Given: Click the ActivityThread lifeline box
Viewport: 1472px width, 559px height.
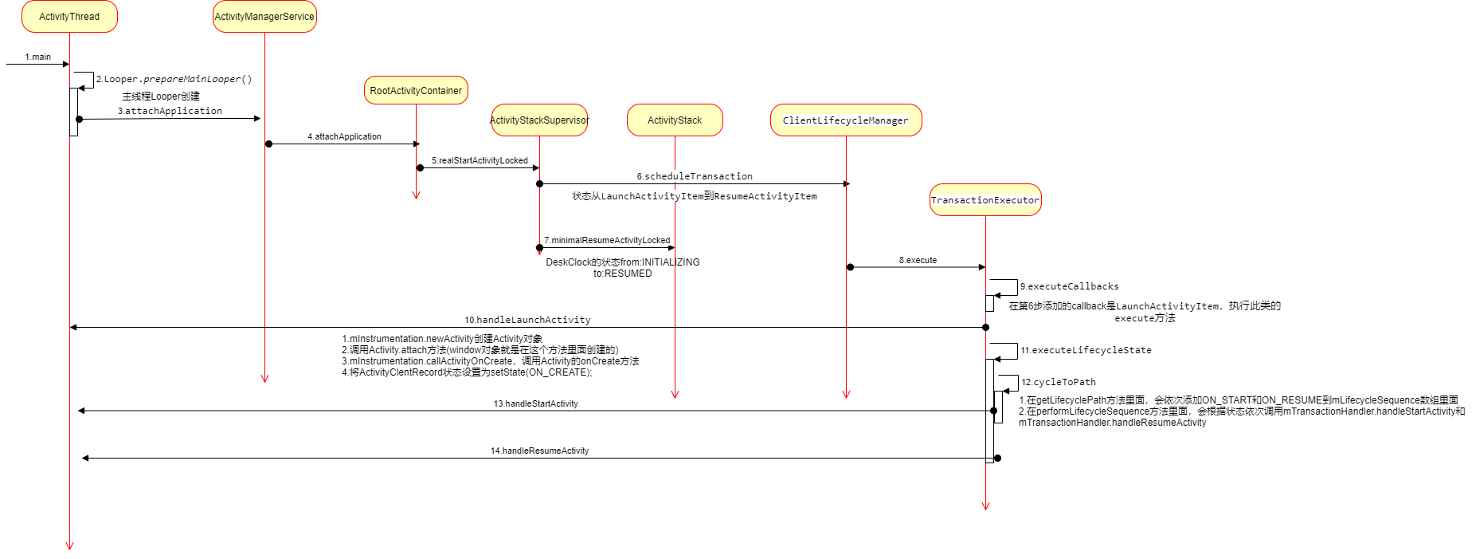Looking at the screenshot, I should [69, 17].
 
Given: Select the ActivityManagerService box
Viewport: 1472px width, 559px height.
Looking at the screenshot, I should [264, 17].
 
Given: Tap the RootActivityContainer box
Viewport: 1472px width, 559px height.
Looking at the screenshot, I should [416, 91].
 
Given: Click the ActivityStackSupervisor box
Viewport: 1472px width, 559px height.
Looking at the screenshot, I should [539, 120].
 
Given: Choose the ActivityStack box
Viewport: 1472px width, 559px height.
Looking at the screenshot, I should [675, 120].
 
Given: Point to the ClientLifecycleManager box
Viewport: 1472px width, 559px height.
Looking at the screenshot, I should [845, 120].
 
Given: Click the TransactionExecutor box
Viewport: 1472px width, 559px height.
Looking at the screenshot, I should [985, 200].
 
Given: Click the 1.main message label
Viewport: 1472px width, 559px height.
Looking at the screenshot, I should [37, 57].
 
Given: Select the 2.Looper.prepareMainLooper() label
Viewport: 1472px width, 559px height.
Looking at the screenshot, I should [174, 79].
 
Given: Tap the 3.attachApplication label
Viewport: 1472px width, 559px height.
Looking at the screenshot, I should [170, 111].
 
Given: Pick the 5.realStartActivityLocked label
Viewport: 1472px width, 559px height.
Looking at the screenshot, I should [480, 160].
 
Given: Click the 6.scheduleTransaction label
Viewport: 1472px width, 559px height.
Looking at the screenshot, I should [695, 176].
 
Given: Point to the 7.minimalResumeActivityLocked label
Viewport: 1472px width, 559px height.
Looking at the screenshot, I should [607, 240].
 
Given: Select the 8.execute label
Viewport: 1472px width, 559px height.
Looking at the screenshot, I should [918, 260].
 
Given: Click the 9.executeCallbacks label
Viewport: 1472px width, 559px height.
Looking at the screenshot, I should [1069, 286].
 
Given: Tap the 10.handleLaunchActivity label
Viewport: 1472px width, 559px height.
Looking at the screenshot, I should [527, 320].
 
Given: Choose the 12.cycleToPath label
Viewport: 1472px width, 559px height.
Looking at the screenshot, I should [1059, 382].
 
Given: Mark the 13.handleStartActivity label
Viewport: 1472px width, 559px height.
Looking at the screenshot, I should [535, 404].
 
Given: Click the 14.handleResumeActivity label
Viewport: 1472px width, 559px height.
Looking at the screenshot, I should [539, 451].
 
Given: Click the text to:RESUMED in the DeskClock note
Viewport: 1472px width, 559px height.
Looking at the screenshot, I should [622, 274].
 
